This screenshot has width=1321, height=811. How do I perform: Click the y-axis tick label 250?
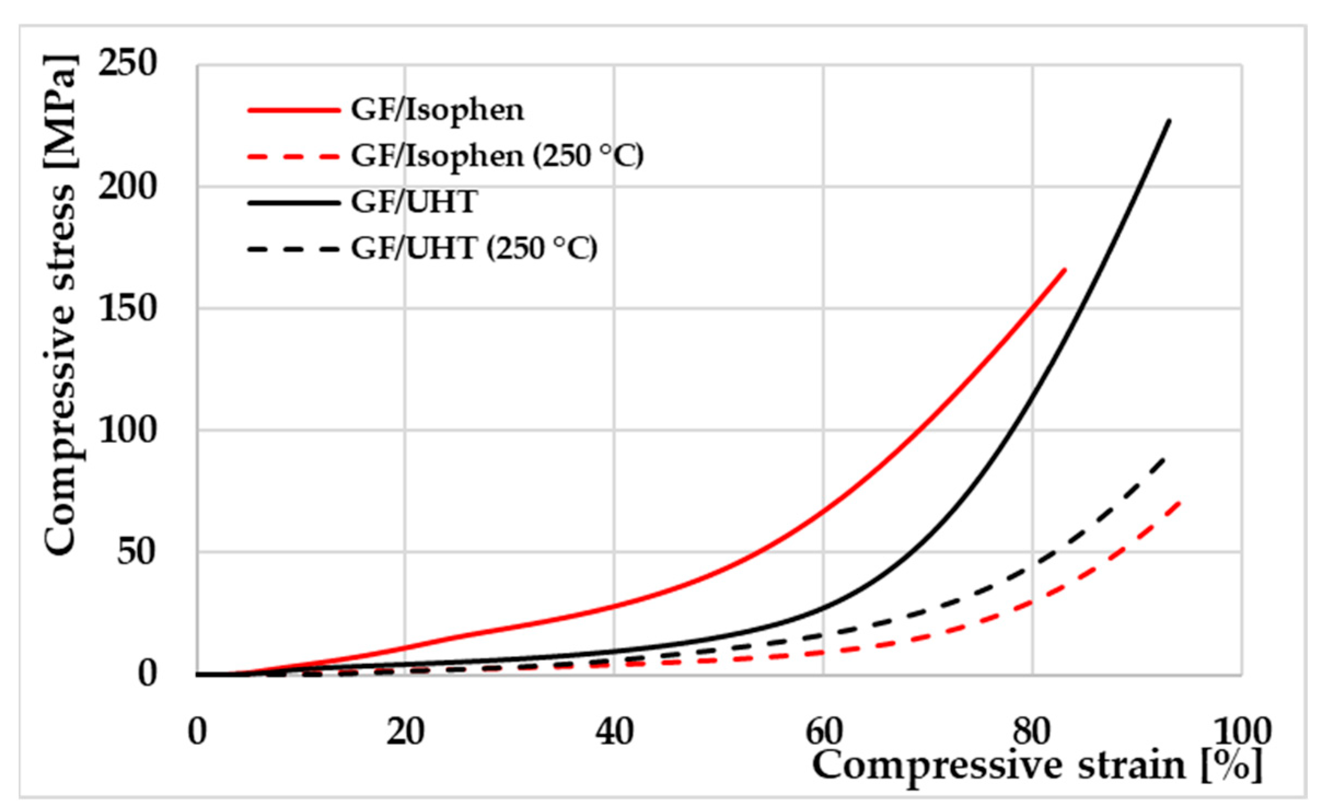[x=127, y=64]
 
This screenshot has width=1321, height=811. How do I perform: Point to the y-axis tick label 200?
[x=127, y=187]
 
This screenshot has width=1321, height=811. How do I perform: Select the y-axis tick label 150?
[x=127, y=309]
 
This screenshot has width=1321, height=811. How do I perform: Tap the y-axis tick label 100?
[x=127, y=431]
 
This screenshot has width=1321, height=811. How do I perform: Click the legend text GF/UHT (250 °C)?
[x=474, y=249]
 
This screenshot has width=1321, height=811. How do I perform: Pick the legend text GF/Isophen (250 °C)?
[x=497, y=156]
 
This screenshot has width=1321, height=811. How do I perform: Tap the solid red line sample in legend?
[x=294, y=110]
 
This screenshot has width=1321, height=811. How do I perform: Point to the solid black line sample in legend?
[x=294, y=203]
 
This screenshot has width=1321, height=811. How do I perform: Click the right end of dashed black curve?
[x=1163, y=458]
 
